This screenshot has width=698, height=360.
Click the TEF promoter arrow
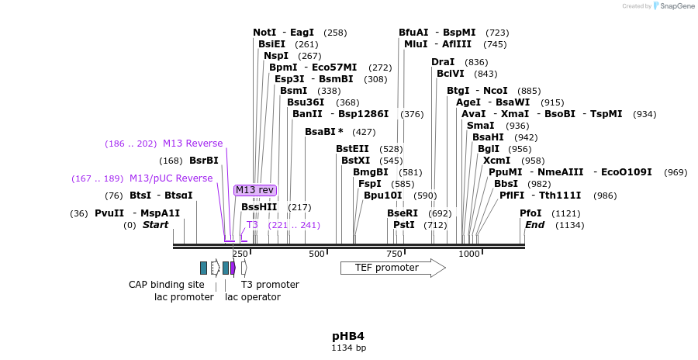click(392, 268)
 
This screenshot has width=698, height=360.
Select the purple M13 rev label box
click(254, 190)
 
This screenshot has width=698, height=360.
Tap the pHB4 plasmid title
click(348, 336)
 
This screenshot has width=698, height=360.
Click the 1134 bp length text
click(348, 348)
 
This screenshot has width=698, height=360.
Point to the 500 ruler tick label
click(316, 254)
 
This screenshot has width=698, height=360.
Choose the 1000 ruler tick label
click(469, 254)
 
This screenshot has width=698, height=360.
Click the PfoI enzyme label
click(530, 213)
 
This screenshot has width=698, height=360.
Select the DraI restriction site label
click(443, 61)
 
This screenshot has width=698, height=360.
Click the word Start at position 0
click(155, 225)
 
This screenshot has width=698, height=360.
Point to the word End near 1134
click(535, 225)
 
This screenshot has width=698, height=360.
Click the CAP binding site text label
click(166, 285)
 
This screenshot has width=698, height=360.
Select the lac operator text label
click(253, 296)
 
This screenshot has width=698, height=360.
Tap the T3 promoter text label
click(270, 285)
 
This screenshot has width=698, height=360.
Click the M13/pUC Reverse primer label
click(171, 178)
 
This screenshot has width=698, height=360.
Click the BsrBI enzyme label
click(204, 161)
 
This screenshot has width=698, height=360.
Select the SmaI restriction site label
click(481, 125)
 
